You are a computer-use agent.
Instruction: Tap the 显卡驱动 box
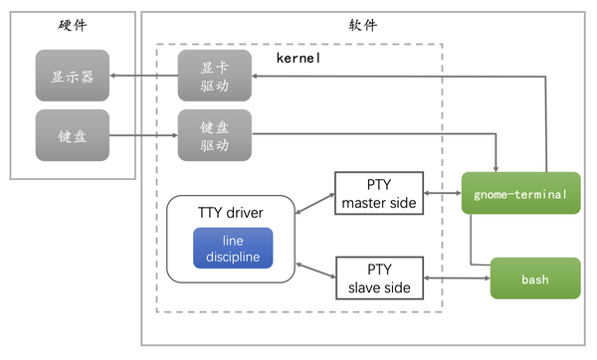point(214,77)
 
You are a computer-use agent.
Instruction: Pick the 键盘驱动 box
point(214,135)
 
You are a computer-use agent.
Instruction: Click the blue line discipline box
point(232,249)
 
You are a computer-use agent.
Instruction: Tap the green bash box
point(534,279)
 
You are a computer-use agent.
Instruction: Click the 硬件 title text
point(74,24)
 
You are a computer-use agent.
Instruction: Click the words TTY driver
point(232,214)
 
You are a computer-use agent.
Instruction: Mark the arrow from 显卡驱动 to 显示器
point(143,77)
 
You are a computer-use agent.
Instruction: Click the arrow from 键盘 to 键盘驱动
point(143,135)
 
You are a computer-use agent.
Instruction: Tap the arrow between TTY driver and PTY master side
point(313,201)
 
